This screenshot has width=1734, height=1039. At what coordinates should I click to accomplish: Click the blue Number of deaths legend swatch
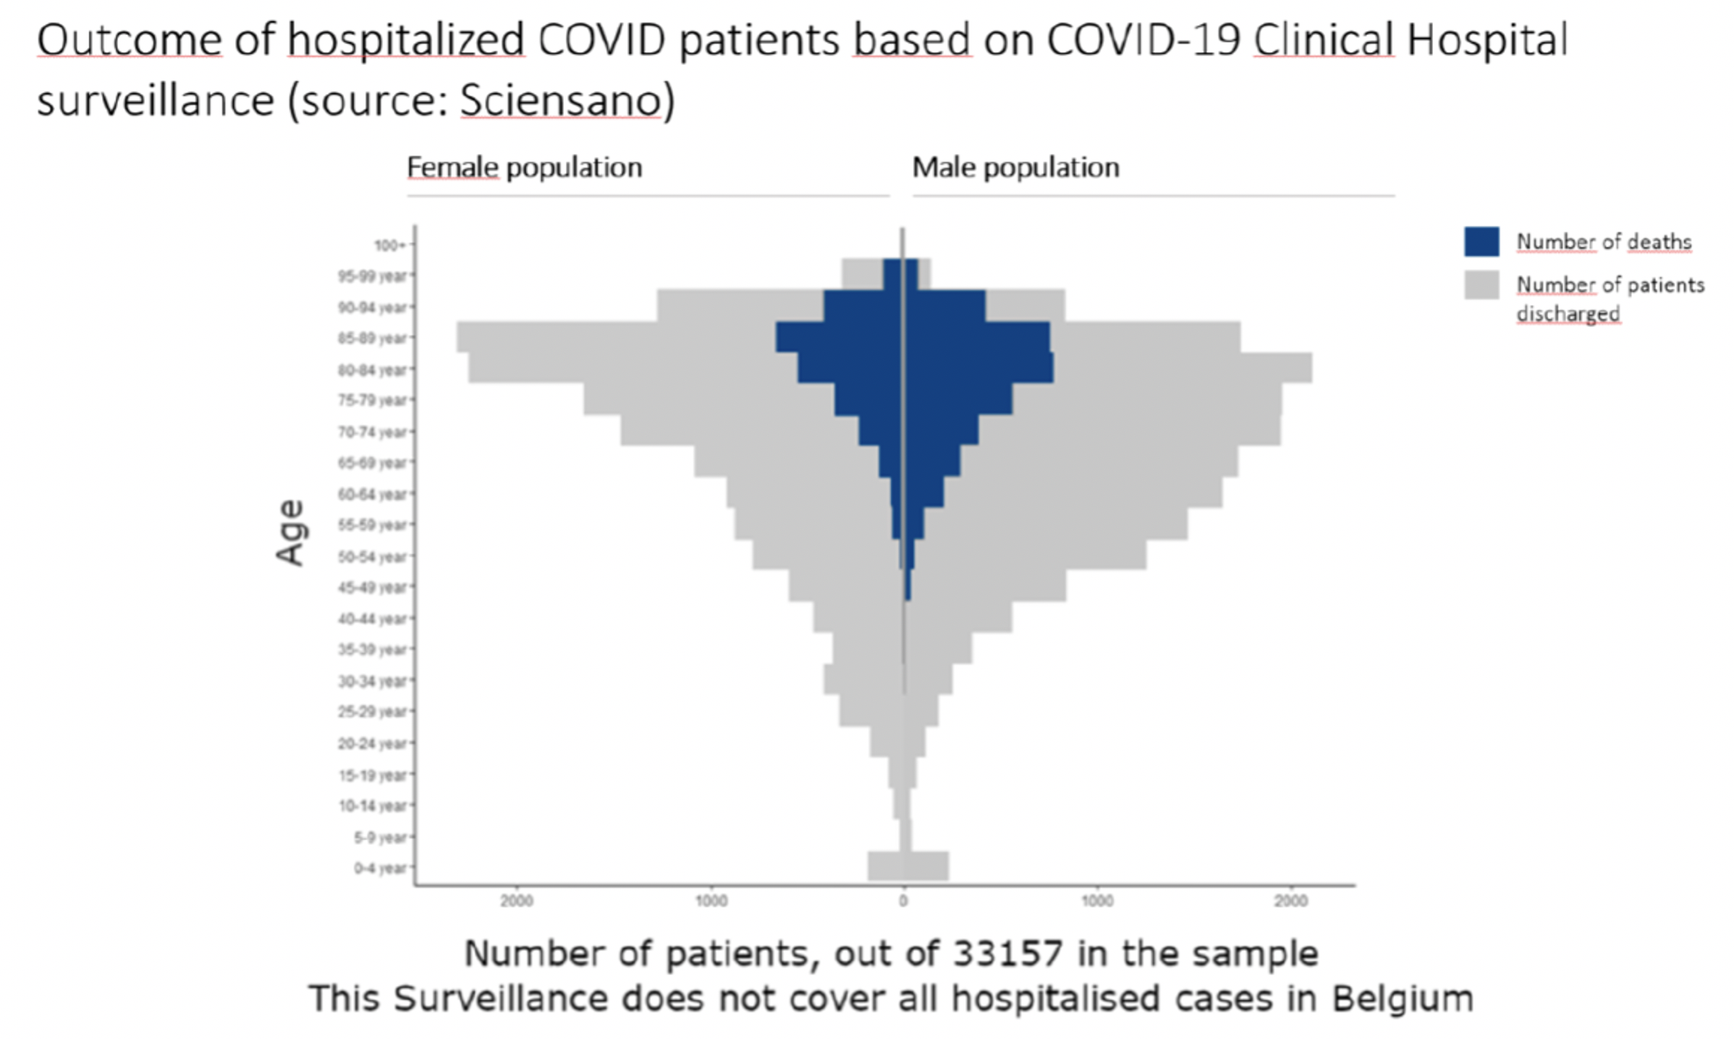(x=1481, y=241)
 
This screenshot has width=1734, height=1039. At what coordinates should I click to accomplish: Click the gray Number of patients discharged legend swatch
(x=1481, y=285)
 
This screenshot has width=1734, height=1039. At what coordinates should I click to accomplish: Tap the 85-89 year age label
(x=372, y=338)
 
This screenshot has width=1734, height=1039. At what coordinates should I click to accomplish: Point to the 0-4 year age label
(x=380, y=869)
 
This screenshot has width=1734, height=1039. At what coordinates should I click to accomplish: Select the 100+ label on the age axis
(x=389, y=245)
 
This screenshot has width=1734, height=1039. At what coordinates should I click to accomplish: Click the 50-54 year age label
(x=372, y=557)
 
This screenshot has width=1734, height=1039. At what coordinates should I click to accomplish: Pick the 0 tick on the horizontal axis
(x=903, y=901)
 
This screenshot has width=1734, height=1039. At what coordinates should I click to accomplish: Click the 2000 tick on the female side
(x=516, y=901)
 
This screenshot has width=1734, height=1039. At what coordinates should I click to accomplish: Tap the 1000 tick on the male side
(x=1097, y=901)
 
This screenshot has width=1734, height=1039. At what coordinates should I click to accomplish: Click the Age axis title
(x=291, y=532)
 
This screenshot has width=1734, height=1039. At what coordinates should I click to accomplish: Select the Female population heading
(x=524, y=167)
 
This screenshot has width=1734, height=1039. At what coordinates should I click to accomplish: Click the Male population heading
(x=1015, y=167)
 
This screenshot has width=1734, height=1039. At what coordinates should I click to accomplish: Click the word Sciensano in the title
(x=561, y=100)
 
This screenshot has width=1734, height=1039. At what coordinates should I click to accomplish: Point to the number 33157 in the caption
(x=1008, y=953)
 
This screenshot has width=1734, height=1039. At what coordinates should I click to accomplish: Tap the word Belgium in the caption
(x=1402, y=999)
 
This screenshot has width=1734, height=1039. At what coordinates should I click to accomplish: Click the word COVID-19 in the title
(x=1143, y=40)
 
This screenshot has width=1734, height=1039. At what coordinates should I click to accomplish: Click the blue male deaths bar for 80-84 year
(x=978, y=368)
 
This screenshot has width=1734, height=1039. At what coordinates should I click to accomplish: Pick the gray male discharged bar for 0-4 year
(x=926, y=866)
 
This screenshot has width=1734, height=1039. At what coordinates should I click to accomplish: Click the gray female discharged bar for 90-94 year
(x=739, y=306)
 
